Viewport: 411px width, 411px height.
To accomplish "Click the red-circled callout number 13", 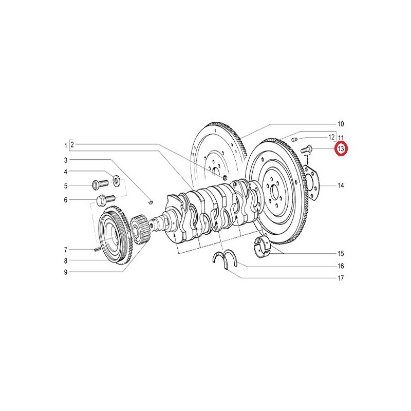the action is [341, 149].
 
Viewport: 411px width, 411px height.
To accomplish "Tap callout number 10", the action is [341, 124].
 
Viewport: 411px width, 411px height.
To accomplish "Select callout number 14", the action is [341, 185].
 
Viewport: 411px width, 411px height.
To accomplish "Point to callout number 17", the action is [341, 278].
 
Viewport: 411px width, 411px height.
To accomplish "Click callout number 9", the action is [66, 272].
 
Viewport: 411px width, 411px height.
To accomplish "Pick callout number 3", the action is [66, 160].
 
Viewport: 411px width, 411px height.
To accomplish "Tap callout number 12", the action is [331, 137].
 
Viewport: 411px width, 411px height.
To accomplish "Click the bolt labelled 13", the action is [306, 150].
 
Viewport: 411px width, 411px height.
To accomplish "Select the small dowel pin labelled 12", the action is [294, 139].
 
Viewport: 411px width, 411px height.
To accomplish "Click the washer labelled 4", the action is [116, 180].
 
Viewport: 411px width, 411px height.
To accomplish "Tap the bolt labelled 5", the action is [100, 184].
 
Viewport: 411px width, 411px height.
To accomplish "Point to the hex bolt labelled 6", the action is [106, 200].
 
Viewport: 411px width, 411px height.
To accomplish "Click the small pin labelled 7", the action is [97, 249].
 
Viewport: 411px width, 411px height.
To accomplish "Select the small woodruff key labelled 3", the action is [150, 202].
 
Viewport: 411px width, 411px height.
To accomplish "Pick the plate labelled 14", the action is [312, 182].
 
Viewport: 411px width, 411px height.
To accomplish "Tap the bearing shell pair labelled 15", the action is [262, 247].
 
